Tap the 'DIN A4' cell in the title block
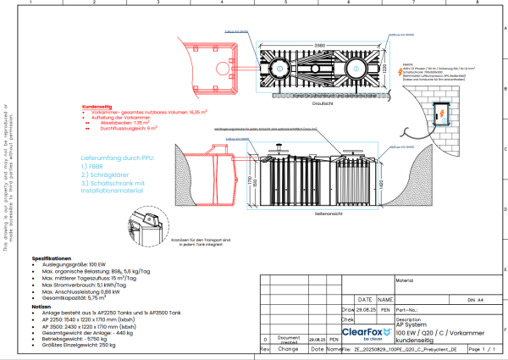point(478,299)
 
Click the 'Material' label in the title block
point(404,278)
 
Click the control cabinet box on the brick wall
point(442,114)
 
